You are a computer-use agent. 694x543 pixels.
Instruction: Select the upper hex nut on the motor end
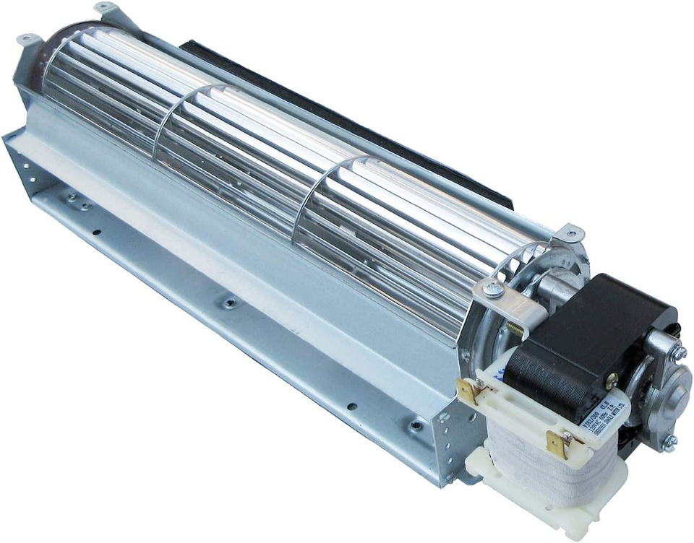(x=678, y=352)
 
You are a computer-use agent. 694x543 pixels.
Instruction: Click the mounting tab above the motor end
(x=570, y=233)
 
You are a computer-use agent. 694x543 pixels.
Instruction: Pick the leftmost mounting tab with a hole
(x=27, y=38)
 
